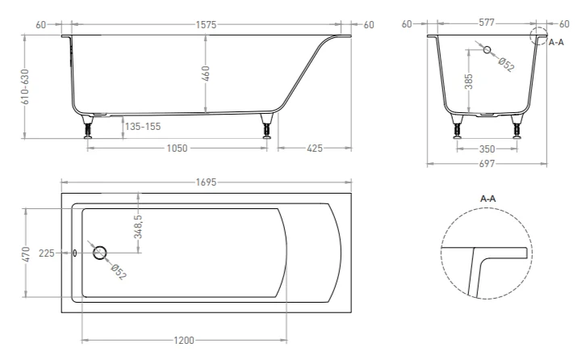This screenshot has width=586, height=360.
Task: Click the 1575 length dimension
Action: coord(206,25)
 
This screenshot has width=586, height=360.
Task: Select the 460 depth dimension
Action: coord(206,73)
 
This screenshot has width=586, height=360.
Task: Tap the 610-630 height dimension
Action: coord(25,86)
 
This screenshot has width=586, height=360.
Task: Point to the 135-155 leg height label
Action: coord(143,127)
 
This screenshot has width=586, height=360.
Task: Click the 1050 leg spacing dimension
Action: coord(177,149)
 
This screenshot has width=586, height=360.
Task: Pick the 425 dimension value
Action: coord(314,149)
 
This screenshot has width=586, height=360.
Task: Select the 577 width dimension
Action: coord(487,23)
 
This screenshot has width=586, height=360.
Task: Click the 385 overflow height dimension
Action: coord(469,82)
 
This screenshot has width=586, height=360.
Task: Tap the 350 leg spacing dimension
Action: coord(487,149)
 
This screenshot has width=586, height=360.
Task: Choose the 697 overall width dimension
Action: coord(487,164)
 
